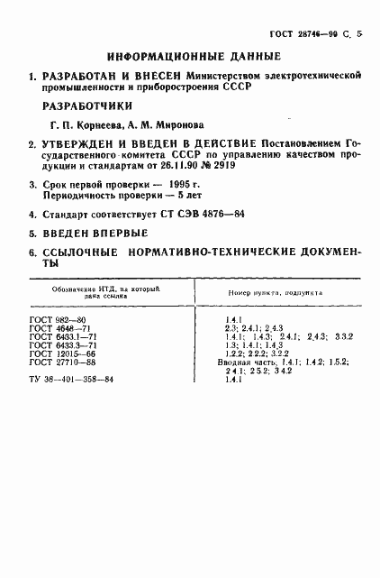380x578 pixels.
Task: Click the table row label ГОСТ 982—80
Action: click(x=53, y=320)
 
